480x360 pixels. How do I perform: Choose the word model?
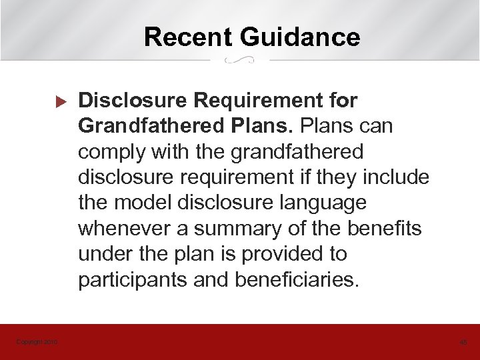[137, 203]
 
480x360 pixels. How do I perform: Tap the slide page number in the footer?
[463, 342]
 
